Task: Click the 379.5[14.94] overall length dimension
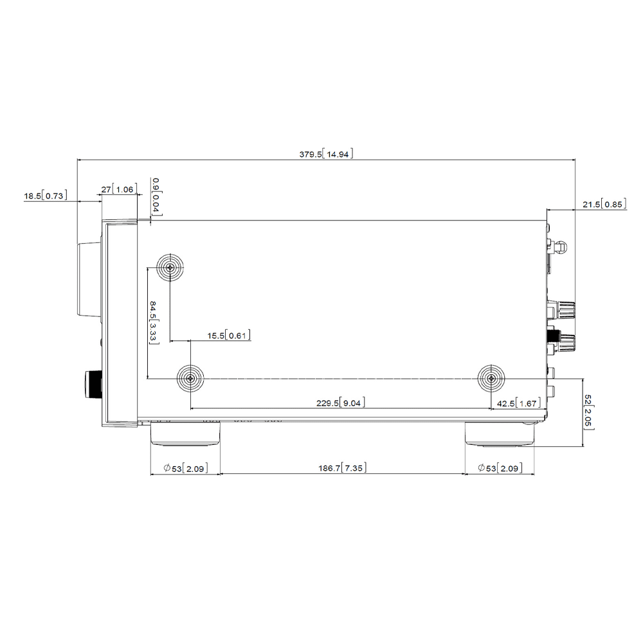tap(326, 154)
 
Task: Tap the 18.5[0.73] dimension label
tap(46, 195)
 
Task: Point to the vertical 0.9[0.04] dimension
tap(157, 196)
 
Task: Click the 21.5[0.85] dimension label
tap(604, 204)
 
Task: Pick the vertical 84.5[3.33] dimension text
tap(154, 322)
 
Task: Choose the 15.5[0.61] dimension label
tap(229, 336)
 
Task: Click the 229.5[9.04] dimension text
tap(341, 403)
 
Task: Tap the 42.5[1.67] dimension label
tap(519, 403)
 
